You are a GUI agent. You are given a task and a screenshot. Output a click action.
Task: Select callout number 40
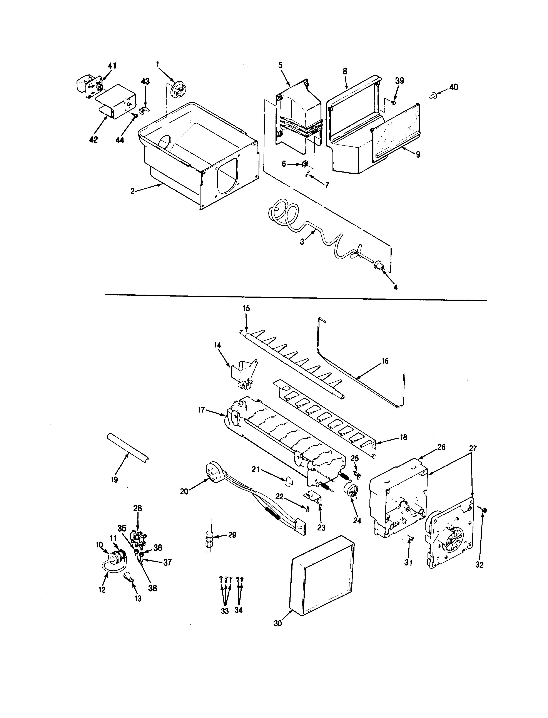(x=453, y=87)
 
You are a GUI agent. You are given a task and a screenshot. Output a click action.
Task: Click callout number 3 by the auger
(x=302, y=242)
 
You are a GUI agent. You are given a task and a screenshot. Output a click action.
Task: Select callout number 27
(x=473, y=448)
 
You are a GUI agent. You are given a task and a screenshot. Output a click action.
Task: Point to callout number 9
(x=418, y=154)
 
